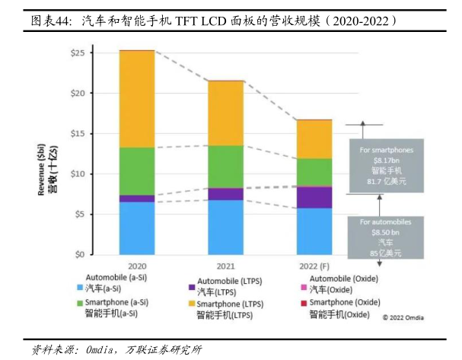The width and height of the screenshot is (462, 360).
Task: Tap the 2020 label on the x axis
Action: click(x=137, y=266)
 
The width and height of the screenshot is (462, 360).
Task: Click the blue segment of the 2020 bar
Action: click(x=137, y=228)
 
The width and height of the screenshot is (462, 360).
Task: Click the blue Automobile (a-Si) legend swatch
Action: click(x=79, y=289)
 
